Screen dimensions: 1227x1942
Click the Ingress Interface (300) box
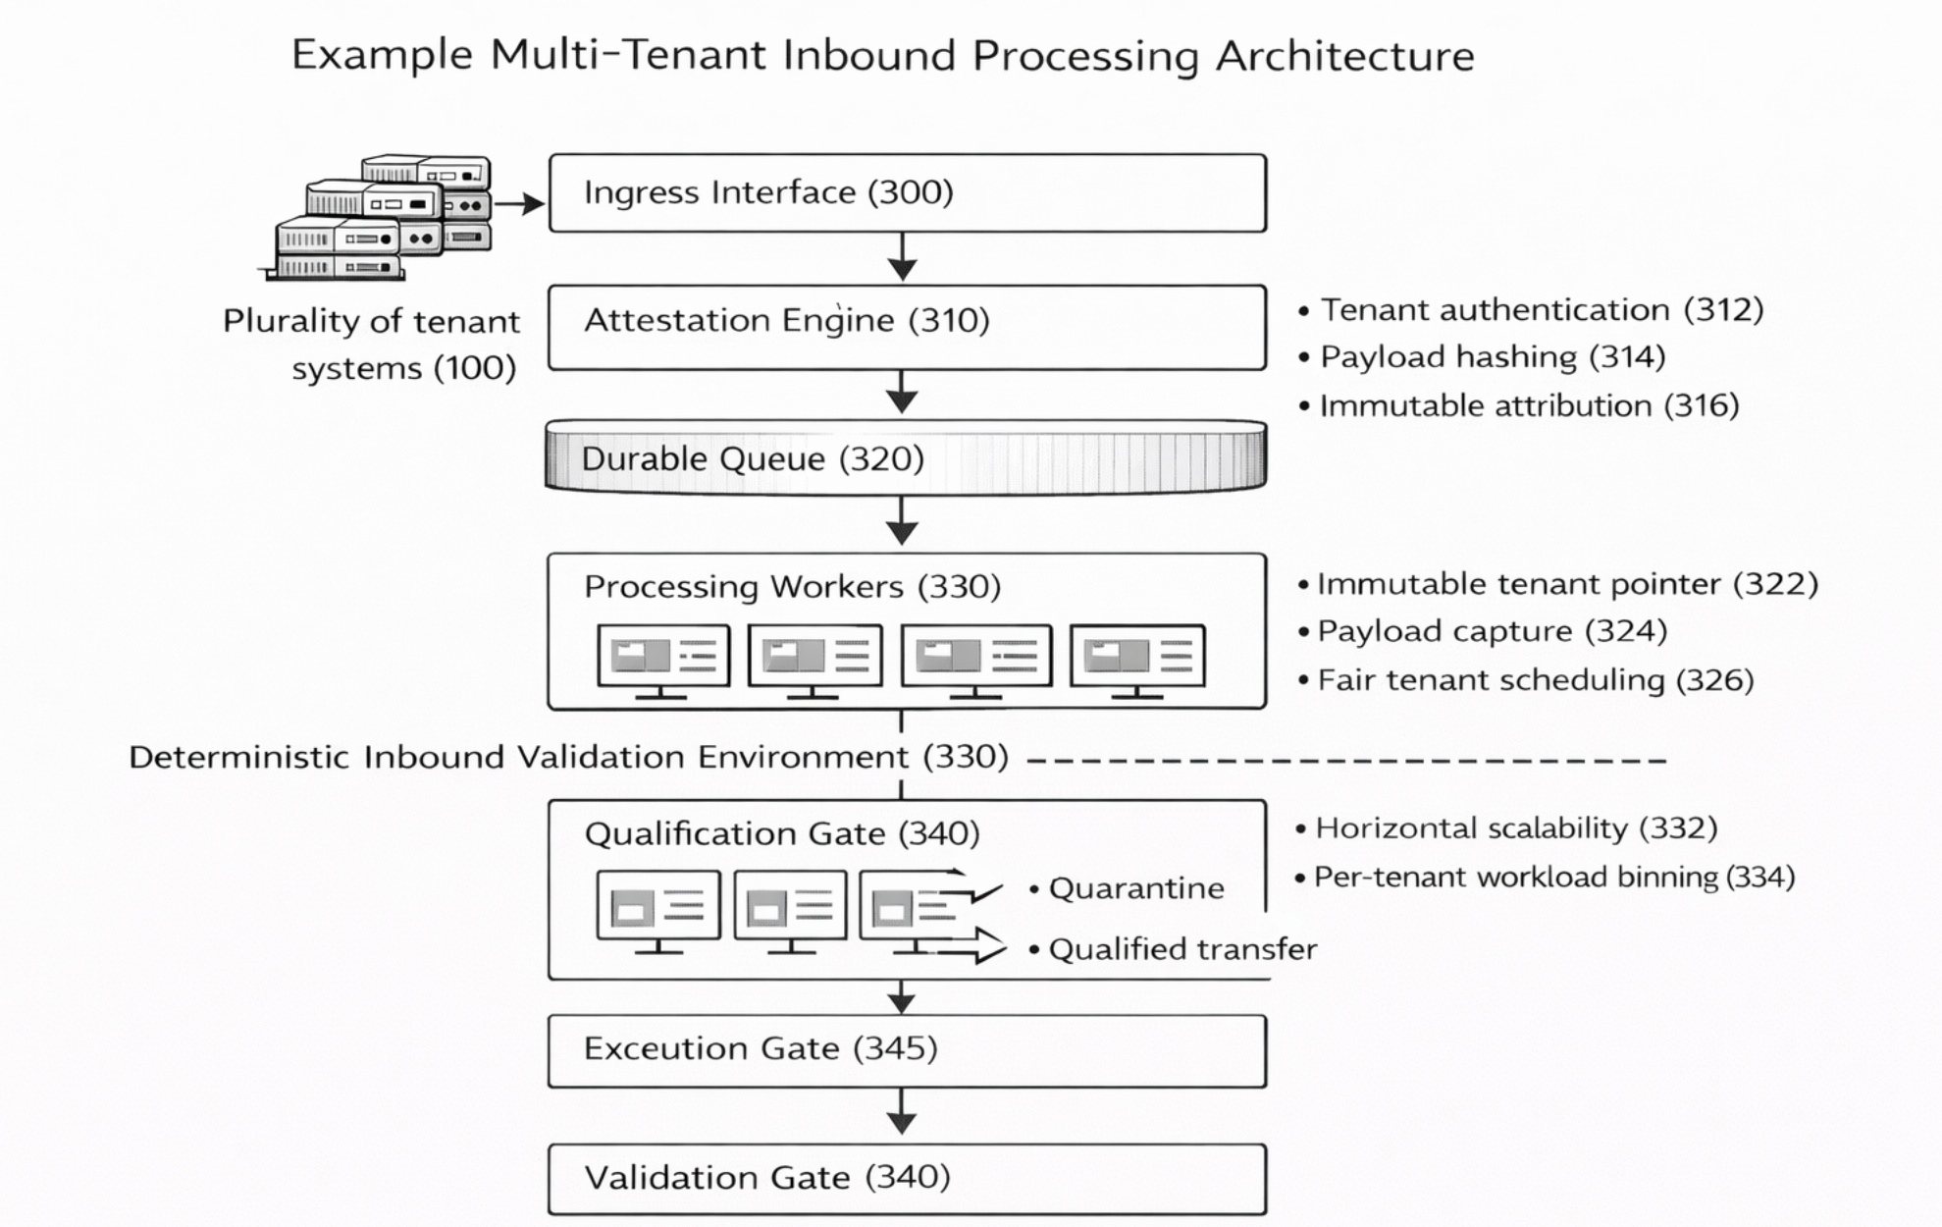pyautogui.click(x=907, y=192)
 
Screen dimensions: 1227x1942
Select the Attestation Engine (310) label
pyautogui.click(x=786, y=320)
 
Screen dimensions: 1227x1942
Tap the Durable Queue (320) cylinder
pyautogui.click(x=905, y=458)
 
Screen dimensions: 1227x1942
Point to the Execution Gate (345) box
pyautogui.click(x=907, y=1050)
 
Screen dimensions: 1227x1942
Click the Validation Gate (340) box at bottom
pyautogui.click(x=907, y=1178)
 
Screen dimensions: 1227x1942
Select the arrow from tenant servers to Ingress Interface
pyautogui.click(x=519, y=204)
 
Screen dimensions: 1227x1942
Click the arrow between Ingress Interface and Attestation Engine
pyautogui.click(x=902, y=257)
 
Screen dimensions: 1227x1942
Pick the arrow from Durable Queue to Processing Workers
pyautogui.click(x=902, y=520)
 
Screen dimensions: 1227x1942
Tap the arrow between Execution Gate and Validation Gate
pyautogui.click(x=902, y=1113)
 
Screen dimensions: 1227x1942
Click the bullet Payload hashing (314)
pyautogui.click(x=1492, y=356)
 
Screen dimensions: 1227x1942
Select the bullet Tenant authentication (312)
pyautogui.click(x=1541, y=309)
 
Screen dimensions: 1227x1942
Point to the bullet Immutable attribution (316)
pyautogui.click(x=1528, y=405)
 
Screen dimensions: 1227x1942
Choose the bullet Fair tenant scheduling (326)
pyautogui.click(x=1534, y=679)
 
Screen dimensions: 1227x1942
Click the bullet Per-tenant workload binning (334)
pyautogui.click(x=1553, y=877)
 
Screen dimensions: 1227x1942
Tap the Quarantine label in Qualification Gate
pyautogui.click(x=1135, y=888)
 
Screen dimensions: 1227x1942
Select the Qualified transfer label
pyautogui.click(x=1181, y=949)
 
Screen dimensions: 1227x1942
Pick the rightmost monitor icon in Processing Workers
pyautogui.click(x=1136, y=660)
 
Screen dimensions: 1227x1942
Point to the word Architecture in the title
pyautogui.click(x=1344, y=55)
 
